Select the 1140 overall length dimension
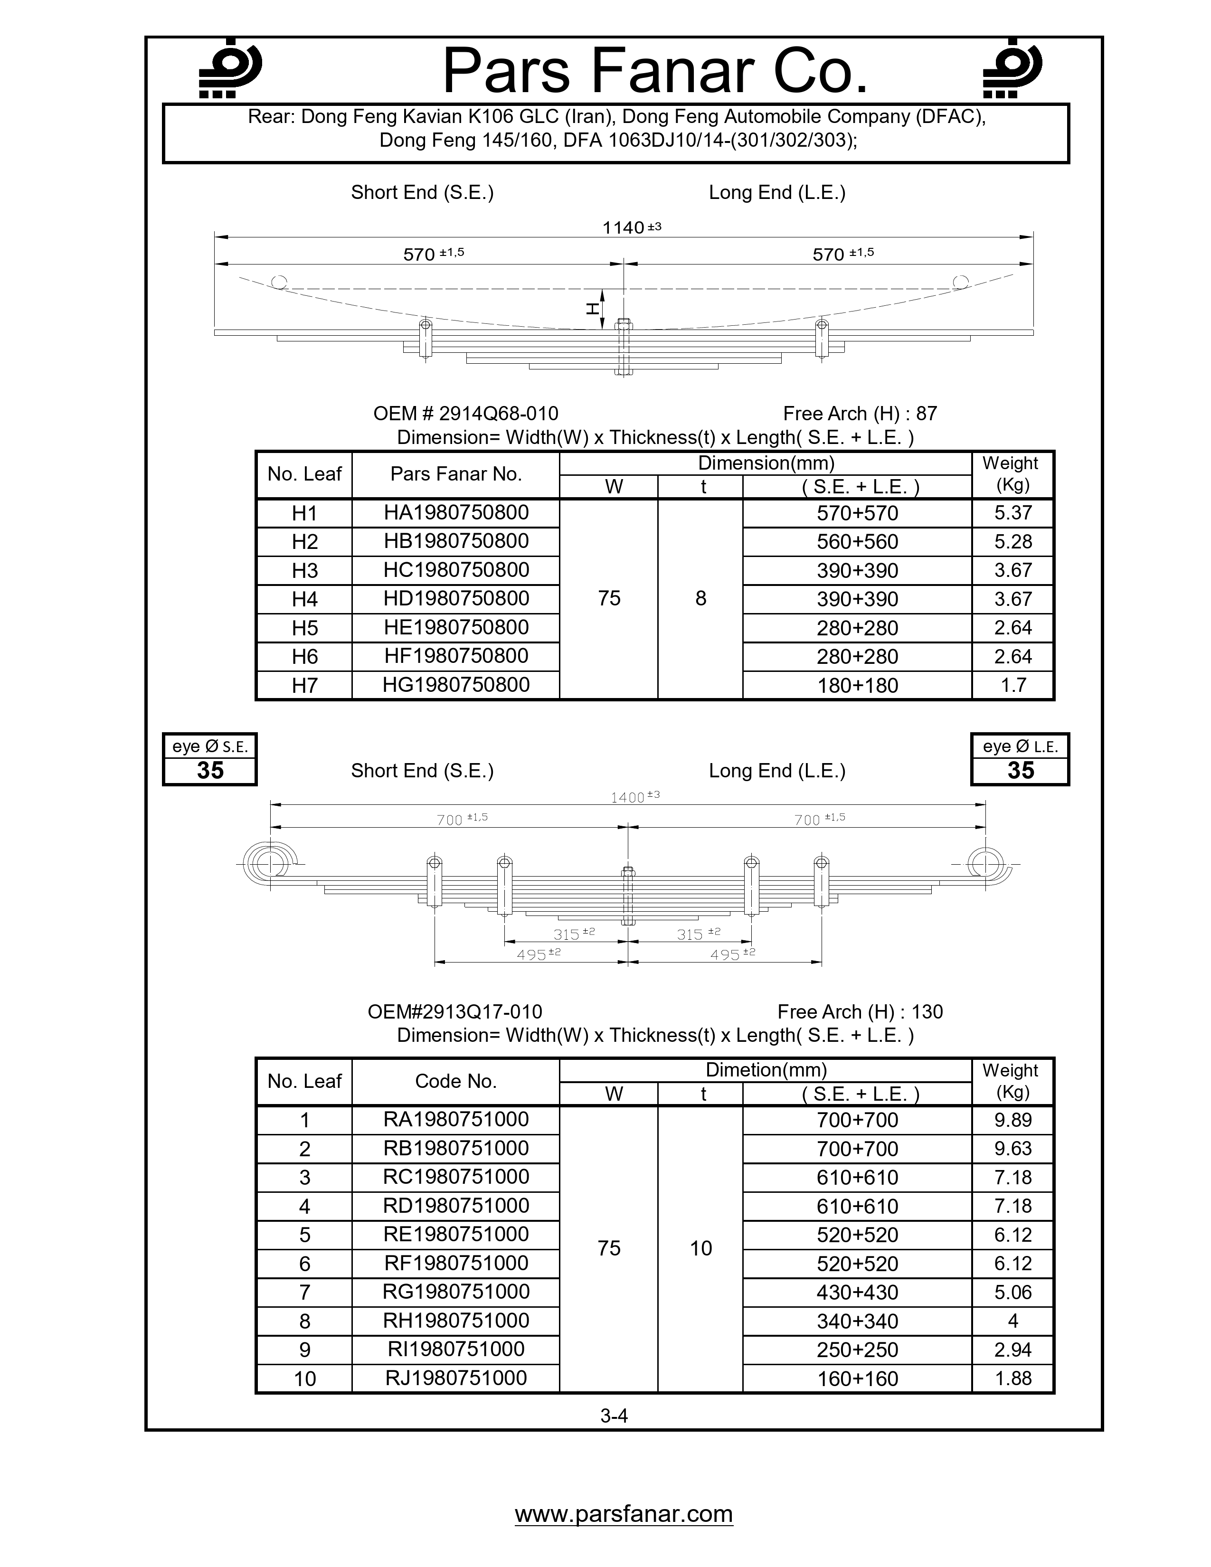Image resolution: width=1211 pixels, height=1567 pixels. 624,227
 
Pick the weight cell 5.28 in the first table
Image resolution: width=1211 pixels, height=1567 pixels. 1012,542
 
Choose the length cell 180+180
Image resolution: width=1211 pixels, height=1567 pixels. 857,685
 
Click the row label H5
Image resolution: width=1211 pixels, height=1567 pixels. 304,628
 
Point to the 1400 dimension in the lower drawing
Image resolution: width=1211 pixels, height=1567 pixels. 627,797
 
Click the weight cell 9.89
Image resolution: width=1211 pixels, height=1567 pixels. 1012,1120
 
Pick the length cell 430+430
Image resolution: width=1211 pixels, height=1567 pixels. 857,1292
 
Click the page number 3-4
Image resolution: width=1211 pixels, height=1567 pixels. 614,1416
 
